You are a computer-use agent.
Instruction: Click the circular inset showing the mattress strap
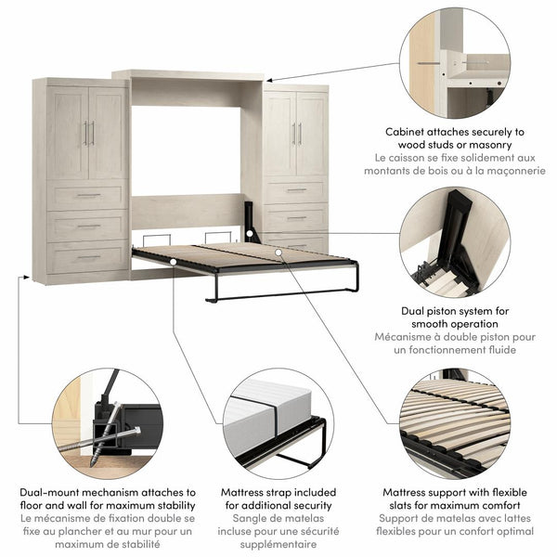274,423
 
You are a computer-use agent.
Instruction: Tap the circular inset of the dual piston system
455,240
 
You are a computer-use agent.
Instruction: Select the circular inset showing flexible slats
455,423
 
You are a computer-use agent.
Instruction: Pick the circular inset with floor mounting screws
95,423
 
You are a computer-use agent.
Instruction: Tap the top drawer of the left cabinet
87,196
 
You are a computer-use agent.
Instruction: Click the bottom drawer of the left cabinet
87,257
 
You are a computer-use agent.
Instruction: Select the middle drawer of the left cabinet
87,227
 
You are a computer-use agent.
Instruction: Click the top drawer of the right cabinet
295,190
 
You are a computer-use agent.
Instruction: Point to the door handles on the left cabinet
89,134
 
